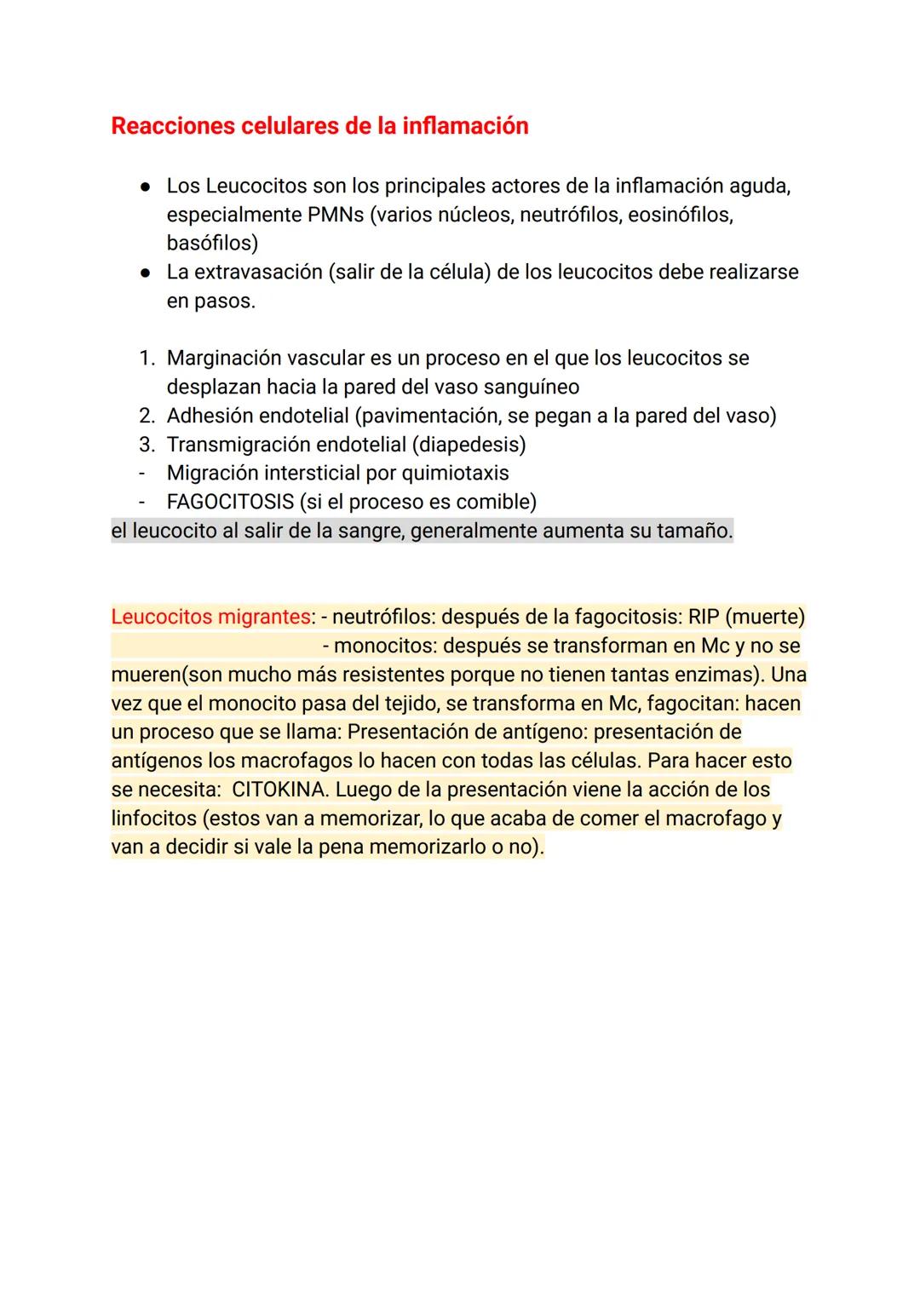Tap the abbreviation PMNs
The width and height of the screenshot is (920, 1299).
coord(335,215)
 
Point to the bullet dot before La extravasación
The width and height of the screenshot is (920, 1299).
coord(146,273)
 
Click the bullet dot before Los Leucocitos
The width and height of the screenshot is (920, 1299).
coord(146,187)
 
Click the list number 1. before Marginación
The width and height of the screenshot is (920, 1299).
coord(147,359)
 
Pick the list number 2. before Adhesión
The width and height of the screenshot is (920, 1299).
coord(147,416)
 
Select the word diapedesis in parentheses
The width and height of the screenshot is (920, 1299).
coord(470,445)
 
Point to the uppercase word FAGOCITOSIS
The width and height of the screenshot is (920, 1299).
coord(230,502)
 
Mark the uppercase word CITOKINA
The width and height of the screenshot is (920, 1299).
coord(279,790)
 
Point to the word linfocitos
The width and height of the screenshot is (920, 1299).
coord(153,819)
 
